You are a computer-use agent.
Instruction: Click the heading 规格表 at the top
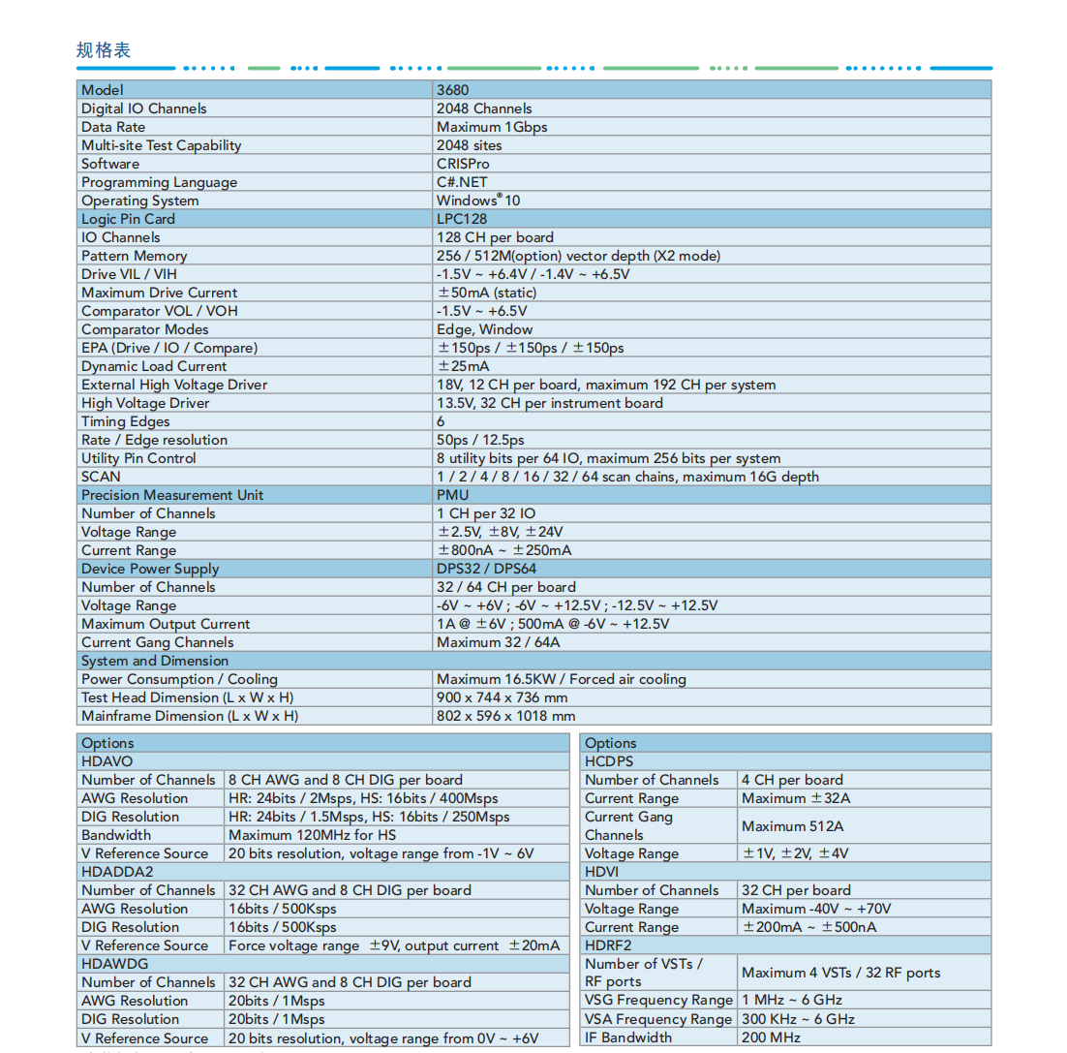click(x=104, y=50)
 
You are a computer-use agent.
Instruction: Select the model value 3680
click(x=452, y=90)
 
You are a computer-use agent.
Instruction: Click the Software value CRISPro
click(x=463, y=164)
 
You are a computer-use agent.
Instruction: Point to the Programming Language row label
click(x=159, y=182)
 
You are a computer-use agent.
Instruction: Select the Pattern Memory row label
click(x=135, y=256)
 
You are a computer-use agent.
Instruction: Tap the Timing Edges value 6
click(x=441, y=421)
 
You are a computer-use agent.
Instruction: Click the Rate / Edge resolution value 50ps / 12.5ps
click(x=481, y=440)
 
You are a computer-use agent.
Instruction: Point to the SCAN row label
click(x=101, y=477)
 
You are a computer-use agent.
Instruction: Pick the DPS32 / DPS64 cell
click(x=486, y=569)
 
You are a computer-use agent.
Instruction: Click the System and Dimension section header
click(x=155, y=661)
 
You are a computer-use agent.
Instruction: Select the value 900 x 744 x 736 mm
click(x=502, y=697)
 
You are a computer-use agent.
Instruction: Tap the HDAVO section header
click(x=107, y=761)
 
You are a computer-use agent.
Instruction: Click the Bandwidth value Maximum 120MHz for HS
click(x=312, y=835)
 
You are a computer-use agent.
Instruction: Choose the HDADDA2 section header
click(x=117, y=872)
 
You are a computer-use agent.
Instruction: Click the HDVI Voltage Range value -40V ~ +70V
click(x=816, y=909)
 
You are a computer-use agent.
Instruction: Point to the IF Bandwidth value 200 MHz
click(x=771, y=1038)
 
